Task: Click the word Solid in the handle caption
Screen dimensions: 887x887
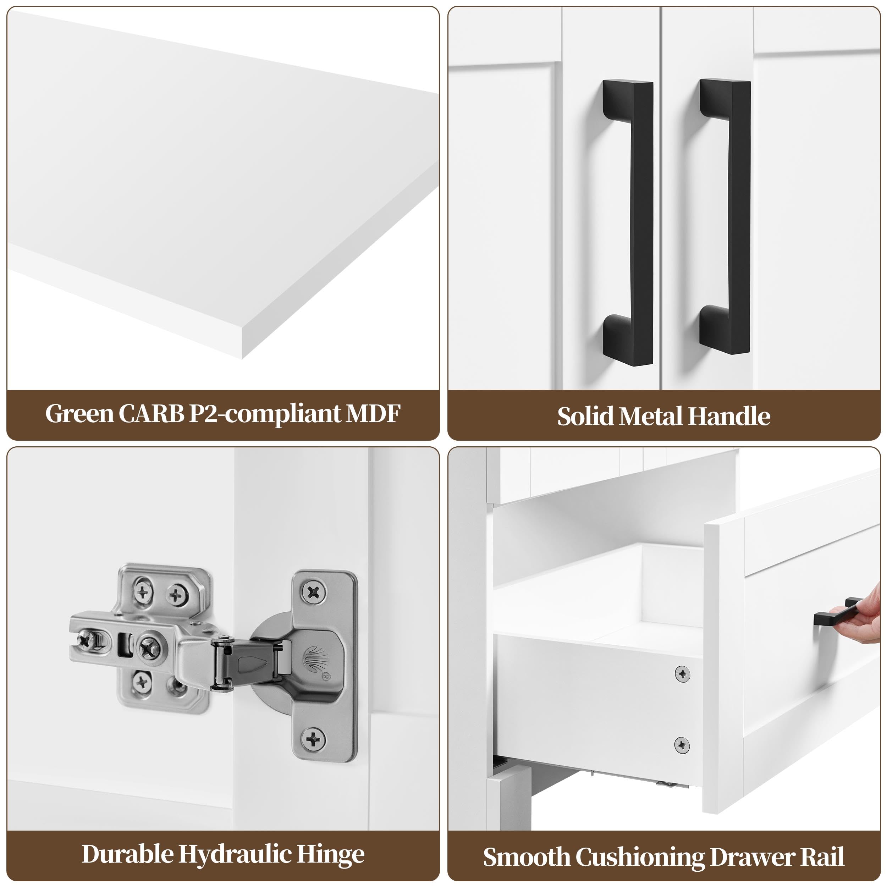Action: click(586, 417)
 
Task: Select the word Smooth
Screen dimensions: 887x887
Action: click(527, 857)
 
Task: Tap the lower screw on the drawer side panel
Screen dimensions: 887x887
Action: click(682, 744)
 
